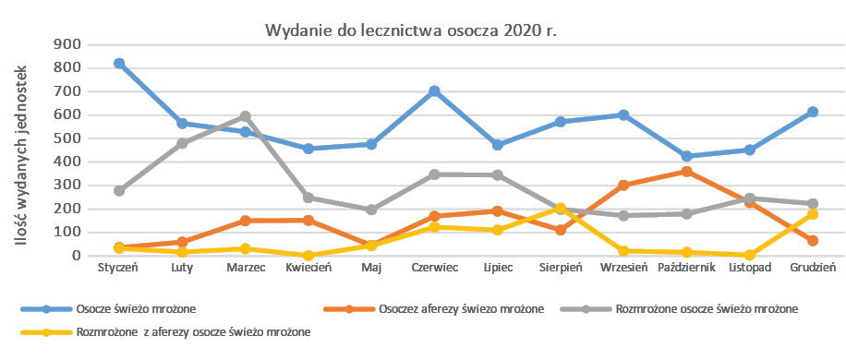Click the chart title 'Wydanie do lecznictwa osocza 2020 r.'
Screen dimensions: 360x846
412,30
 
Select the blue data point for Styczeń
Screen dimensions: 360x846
119,63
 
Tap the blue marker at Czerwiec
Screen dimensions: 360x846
434,91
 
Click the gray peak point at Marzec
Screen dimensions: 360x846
246,116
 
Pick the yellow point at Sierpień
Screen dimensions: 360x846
561,208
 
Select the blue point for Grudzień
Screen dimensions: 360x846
813,112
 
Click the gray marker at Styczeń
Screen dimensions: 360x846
119,190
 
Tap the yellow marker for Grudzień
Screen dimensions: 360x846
813,214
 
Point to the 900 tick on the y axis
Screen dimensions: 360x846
68,44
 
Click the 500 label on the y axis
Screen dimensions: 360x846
68,138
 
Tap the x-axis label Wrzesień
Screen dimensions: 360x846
623,269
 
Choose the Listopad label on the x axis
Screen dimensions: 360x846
750,269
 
